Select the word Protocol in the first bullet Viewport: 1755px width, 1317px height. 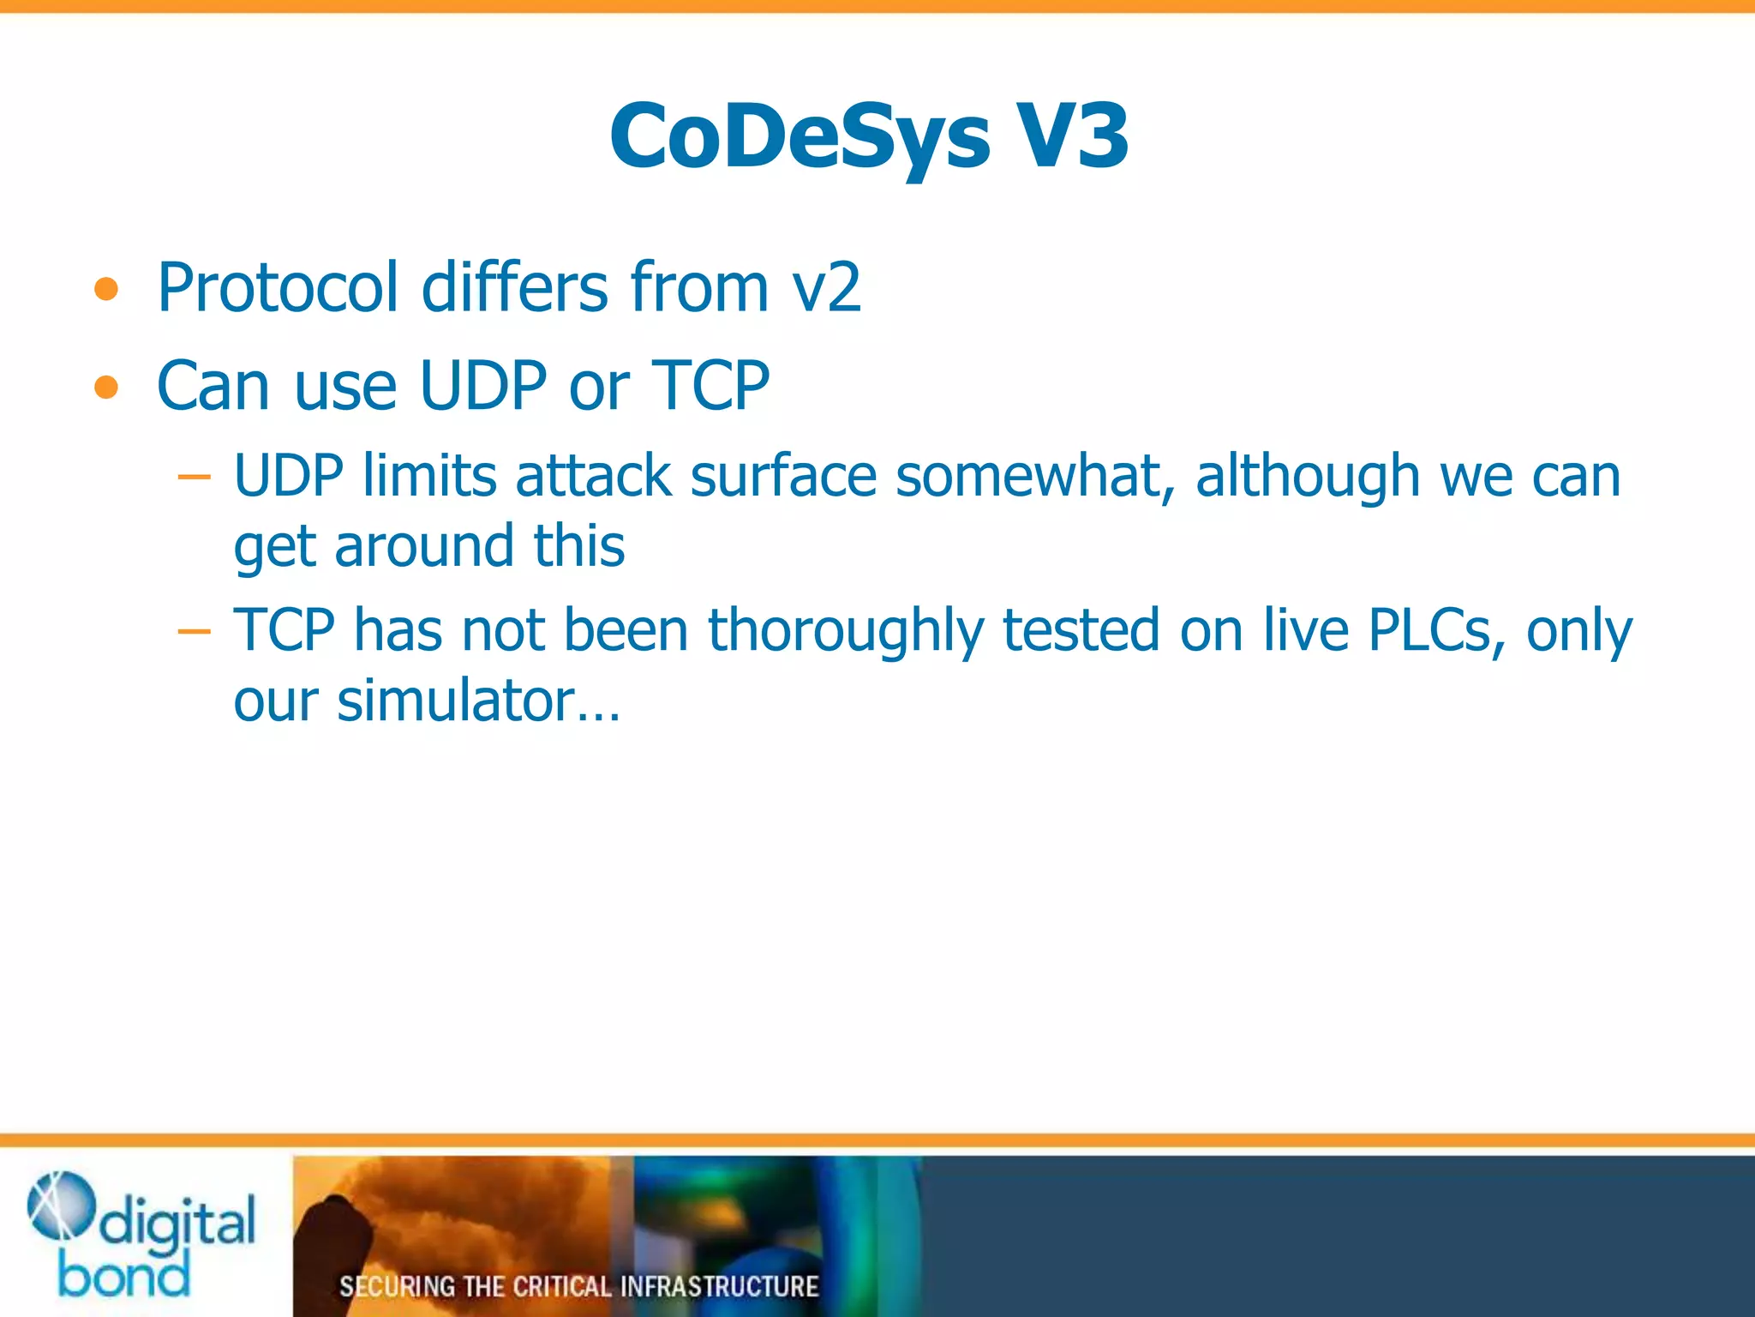pos(278,287)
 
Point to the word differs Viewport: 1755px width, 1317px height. pos(514,287)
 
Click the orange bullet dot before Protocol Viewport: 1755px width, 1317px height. pos(106,291)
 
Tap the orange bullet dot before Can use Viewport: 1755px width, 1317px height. pos(106,388)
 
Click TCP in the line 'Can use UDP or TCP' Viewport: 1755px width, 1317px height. pos(710,386)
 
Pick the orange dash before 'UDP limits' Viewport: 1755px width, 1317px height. pos(194,477)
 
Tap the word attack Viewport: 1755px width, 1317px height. pos(593,476)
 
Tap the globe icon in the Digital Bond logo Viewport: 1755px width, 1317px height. pos(60,1205)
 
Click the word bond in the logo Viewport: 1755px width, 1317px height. pos(123,1275)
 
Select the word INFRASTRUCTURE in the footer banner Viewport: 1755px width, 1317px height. pos(719,1286)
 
